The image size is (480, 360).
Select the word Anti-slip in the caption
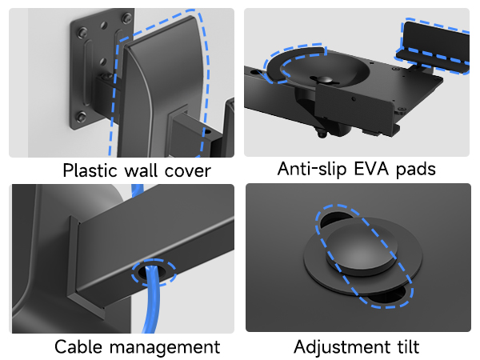click(310, 169)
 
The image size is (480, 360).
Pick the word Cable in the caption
click(77, 346)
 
